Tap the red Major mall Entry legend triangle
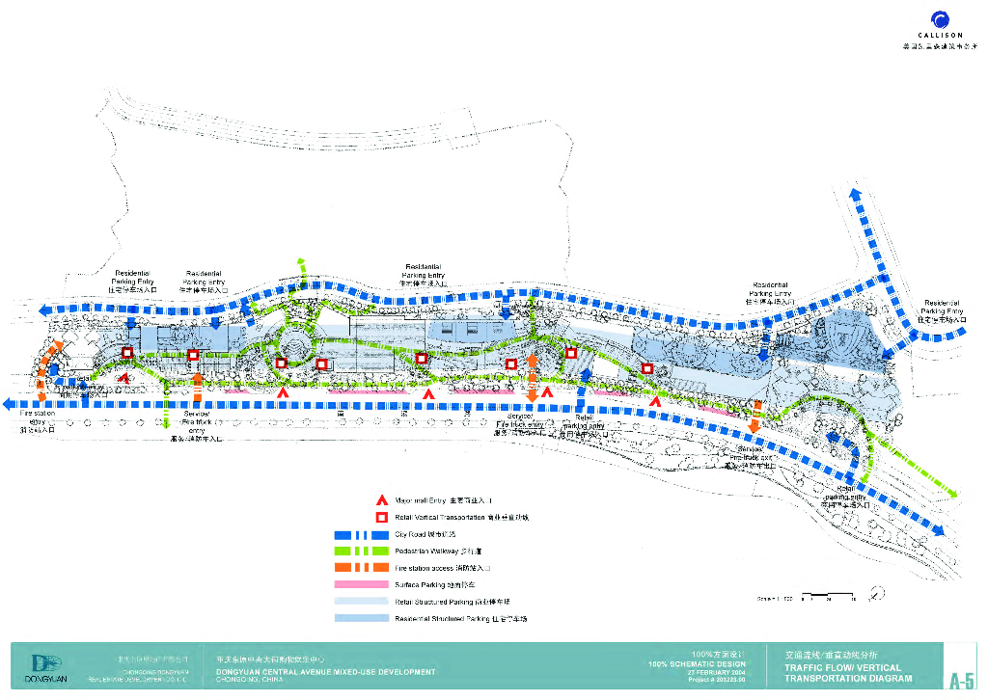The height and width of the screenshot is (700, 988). (x=382, y=501)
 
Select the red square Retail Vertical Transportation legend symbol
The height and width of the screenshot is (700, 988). (x=382, y=518)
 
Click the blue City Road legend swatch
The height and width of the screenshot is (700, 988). (x=359, y=534)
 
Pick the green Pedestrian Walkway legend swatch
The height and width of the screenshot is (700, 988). (x=359, y=552)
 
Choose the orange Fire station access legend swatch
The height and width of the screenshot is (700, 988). (x=359, y=568)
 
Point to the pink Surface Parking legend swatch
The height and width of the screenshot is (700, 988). (x=359, y=584)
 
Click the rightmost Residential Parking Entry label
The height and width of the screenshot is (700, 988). (x=942, y=307)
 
